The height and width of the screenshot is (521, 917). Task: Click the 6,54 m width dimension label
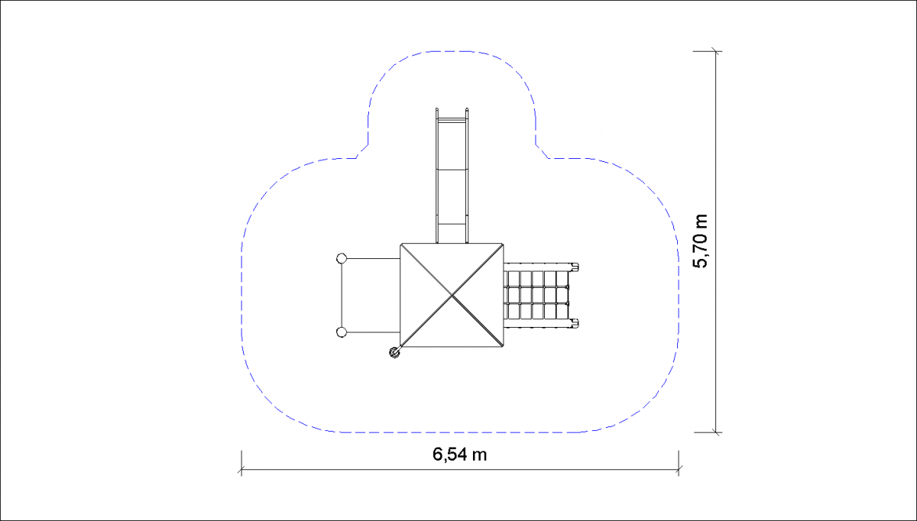point(459,455)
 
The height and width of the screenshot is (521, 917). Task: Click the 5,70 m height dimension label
point(700,241)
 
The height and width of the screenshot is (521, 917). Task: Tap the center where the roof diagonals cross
point(452,295)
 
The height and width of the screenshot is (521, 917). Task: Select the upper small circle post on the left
point(342,258)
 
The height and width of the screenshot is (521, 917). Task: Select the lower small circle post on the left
point(342,332)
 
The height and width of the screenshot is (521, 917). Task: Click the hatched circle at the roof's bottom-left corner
point(394,352)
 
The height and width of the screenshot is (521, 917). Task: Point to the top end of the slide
point(452,110)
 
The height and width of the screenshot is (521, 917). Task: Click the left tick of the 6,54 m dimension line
point(241,469)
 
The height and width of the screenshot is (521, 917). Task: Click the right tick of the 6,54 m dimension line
point(679,469)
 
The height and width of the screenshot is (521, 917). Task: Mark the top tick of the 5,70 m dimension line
point(716,52)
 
